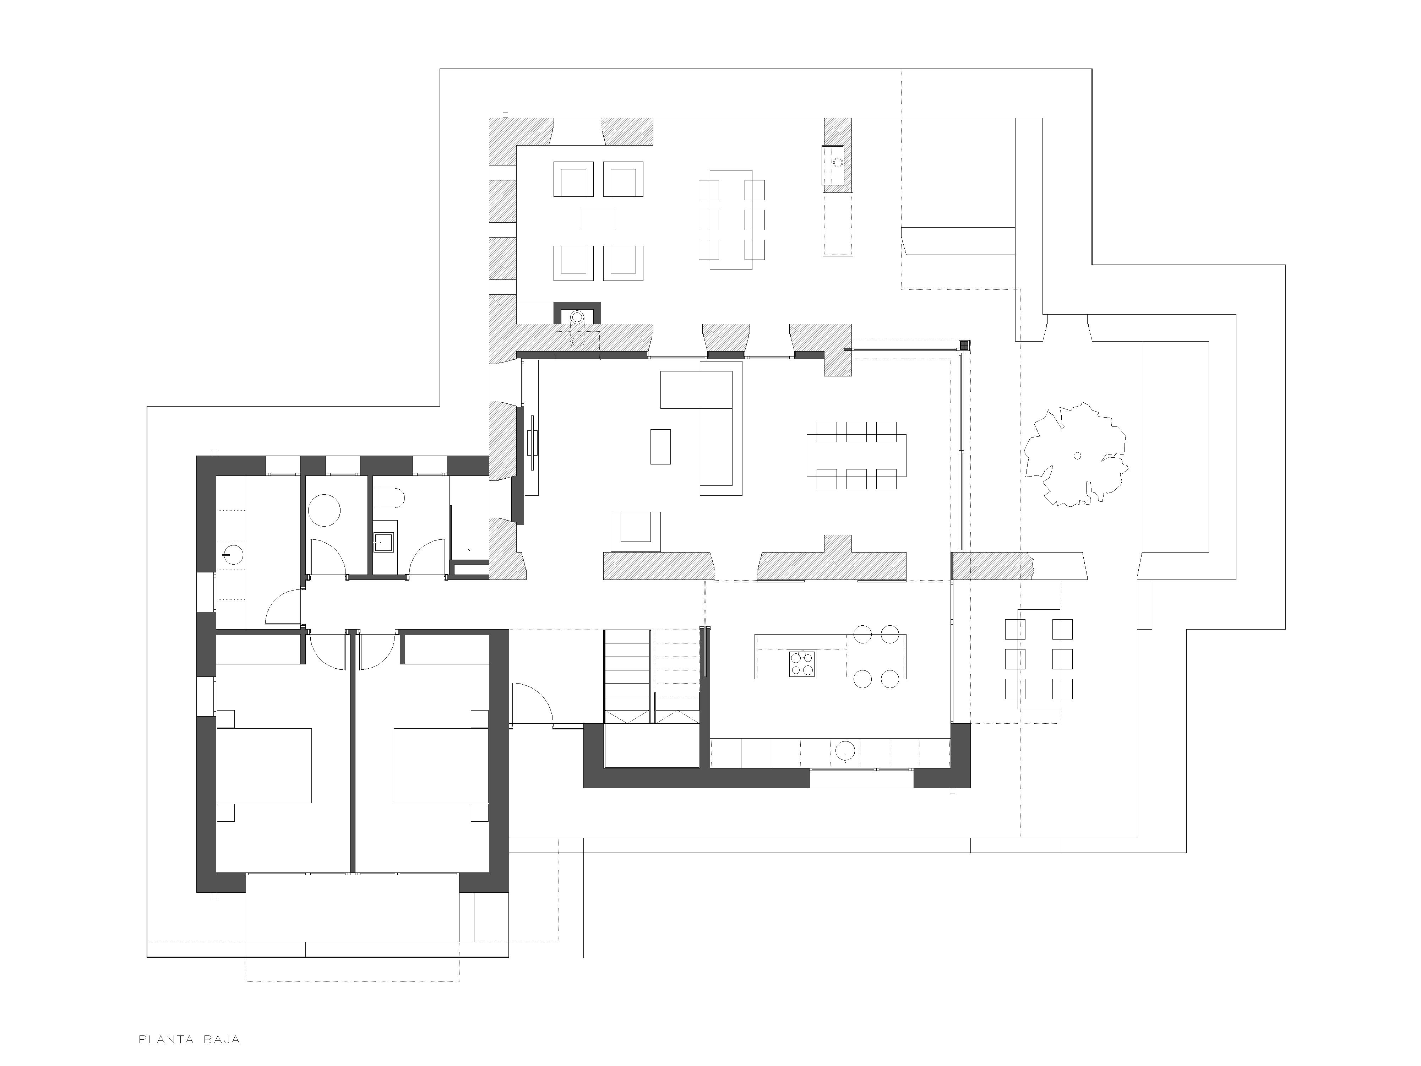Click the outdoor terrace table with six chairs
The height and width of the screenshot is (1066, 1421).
pyautogui.click(x=1039, y=659)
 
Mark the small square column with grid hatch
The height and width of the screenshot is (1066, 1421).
pyautogui.click(x=964, y=345)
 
